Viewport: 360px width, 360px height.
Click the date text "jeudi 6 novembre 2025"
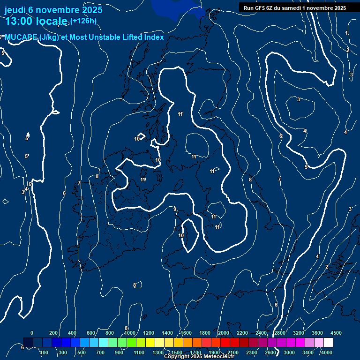pyautogui.click(x=53, y=9)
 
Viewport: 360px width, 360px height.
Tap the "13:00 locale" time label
pyautogui.click(x=36, y=21)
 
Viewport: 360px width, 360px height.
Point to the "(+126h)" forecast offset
pyautogui.click(x=83, y=21)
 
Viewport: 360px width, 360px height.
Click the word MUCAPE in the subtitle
pyautogui.click(x=22, y=37)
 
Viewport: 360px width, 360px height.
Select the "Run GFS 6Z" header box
pyautogui.click(x=295, y=7)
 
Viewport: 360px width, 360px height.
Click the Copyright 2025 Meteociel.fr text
pyautogui.click(x=199, y=357)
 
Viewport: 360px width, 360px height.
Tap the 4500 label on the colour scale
pyautogui.click(x=336, y=332)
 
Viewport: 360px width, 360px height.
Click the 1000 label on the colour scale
pyautogui.click(x=130, y=332)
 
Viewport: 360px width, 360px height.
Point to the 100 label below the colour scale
pyautogui.click(x=45, y=352)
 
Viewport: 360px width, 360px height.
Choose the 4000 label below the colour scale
pyautogui.click(x=327, y=352)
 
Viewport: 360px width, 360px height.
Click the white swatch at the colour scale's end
pyautogui.click(x=328, y=343)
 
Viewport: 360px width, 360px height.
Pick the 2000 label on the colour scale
pyautogui.click(x=224, y=332)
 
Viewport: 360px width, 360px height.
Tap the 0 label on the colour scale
pyautogui.click(x=32, y=332)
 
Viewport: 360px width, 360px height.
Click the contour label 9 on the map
pyautogui.click(x=175, y=209)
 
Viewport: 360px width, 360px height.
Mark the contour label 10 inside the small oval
pyautogui.click(x=181, y=235)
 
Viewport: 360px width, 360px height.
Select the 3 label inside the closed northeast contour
pyautogui.click(x=299, y=99)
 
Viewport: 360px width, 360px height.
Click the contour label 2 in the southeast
pyautogui.click(x=327, y=267)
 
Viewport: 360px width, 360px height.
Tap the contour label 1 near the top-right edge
pyautogui.click(x=346, y=33)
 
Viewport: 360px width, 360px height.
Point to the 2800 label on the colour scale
pyautogui.click(x=280, y=332)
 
